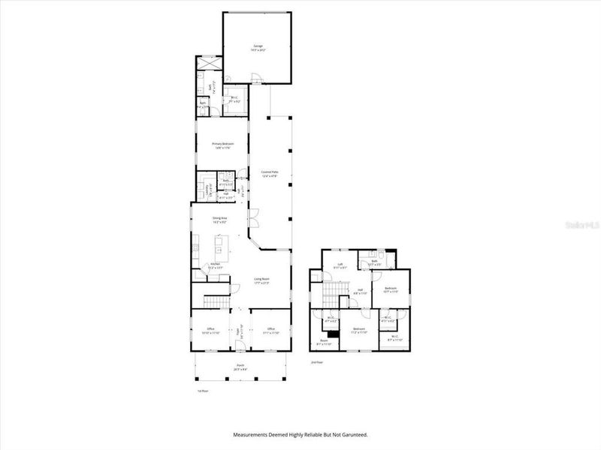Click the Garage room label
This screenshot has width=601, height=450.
pyautogui.click(x=258, y=47)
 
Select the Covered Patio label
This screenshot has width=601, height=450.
pyautogui.click(x=270, y=174)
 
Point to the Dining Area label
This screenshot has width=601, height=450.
pyautogui.click(x=219, y=219)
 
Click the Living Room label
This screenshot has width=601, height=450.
pyautogui.click(x=261, y=279)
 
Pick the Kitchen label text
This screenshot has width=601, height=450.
pyautogui.click(x=214, y=265)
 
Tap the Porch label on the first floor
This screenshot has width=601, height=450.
pyautogui.click(x=240, y=367)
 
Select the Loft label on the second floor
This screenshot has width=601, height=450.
pyautogui.click(x=340, y=264)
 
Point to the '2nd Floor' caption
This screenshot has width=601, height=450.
pyautogui.click(x=317, y=361)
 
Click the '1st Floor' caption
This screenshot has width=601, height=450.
pyautogui.click(x=202, y=391)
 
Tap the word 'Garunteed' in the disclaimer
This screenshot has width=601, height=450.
pyautogui.click(x=354, y=434)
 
